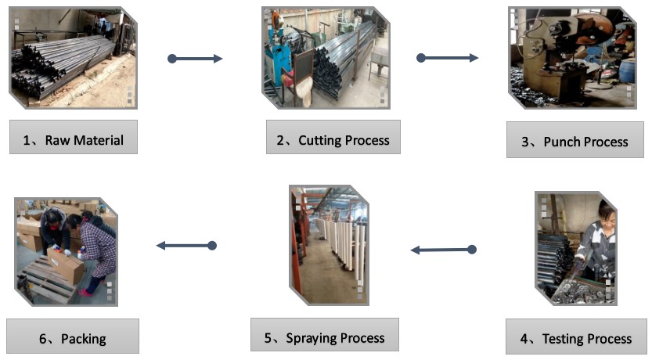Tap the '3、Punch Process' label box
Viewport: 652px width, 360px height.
click(575, 140)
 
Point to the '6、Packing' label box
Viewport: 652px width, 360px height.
click(73, 337)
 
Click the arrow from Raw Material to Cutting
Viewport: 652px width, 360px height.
click(196, 59)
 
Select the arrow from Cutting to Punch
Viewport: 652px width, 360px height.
click(448, 58)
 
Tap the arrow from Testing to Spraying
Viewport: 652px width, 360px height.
click(443, 250)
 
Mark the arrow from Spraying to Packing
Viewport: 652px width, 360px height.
click(186, 246)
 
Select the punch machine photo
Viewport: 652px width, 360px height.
click(571, 57)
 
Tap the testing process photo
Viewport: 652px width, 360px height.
click(575, 248)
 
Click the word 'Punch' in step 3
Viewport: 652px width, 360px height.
click(564, 142)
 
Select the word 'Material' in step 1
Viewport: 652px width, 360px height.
click(98, 140)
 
